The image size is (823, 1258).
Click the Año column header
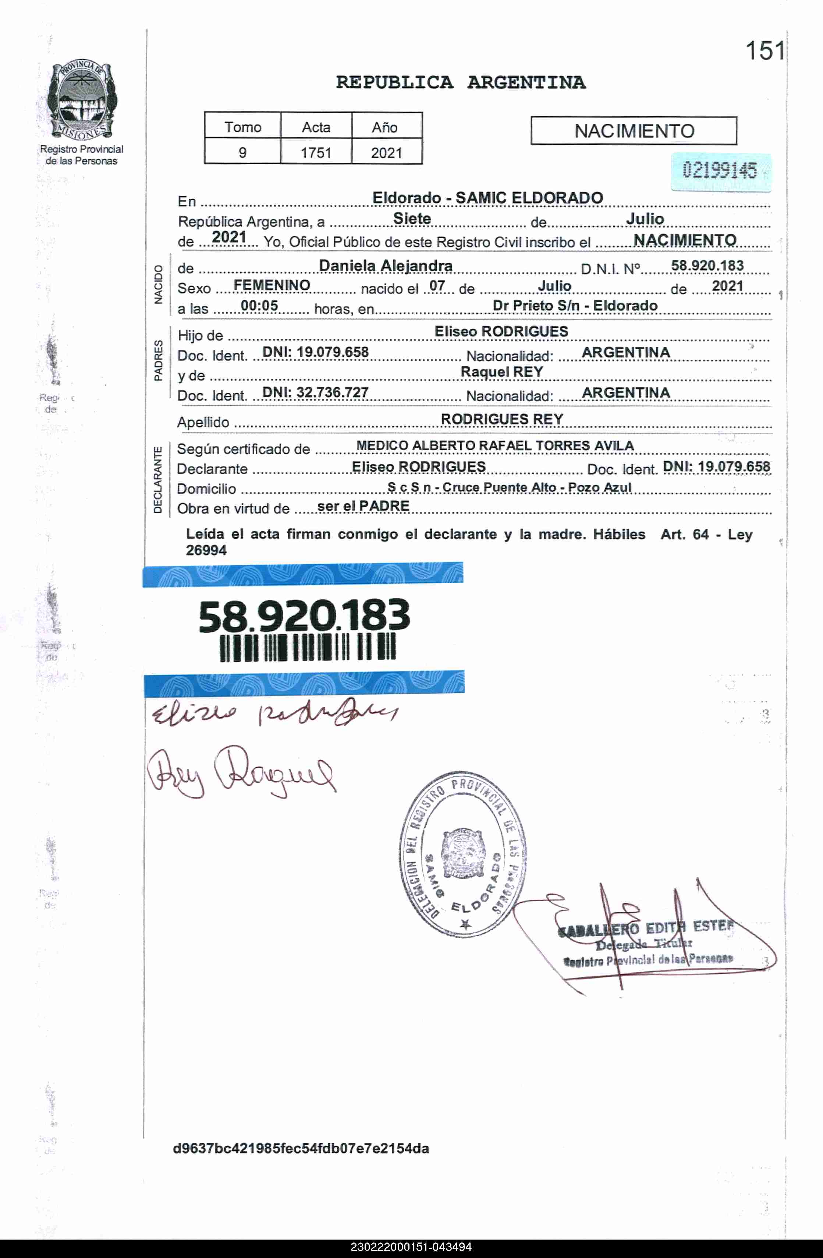384,127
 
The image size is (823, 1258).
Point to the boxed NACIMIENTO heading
634,131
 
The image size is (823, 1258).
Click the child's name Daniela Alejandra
386,265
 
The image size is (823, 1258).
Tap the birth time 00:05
259,306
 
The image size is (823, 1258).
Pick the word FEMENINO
272,285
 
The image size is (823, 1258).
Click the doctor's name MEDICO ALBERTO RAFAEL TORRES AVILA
495,445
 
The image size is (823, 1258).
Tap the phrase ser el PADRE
363,506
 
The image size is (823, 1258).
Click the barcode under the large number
308,647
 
